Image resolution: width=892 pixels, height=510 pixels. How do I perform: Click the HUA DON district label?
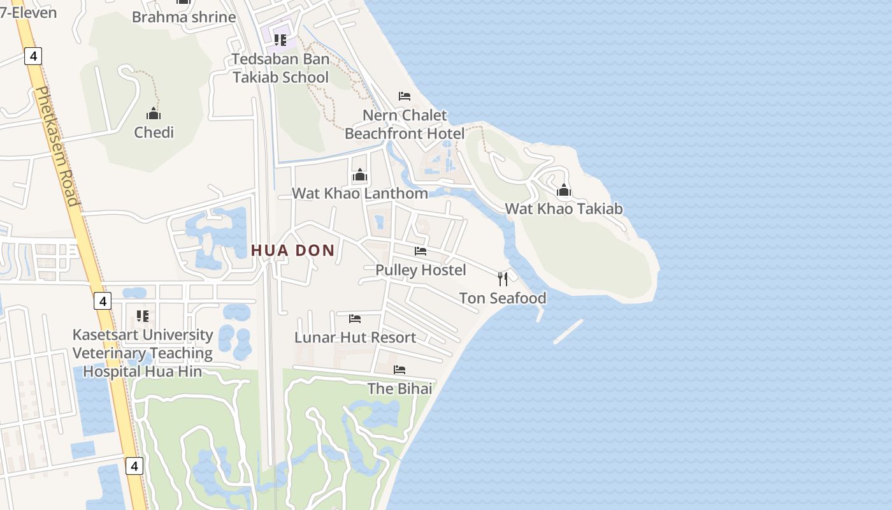293,251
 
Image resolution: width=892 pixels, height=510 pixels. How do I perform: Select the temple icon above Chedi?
154,113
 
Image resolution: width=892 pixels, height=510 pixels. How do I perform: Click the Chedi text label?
154,133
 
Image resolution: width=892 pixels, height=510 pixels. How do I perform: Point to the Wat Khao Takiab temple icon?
564,190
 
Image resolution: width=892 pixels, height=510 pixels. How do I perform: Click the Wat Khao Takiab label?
564,208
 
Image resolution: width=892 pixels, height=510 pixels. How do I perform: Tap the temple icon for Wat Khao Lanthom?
360,175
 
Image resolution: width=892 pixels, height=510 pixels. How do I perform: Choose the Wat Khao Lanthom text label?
360,193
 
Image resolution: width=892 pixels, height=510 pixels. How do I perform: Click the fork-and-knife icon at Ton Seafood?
503,279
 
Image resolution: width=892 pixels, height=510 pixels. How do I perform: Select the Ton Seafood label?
503,298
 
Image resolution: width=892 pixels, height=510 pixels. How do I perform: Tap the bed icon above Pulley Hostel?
421,251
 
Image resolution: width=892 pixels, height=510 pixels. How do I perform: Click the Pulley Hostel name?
421,270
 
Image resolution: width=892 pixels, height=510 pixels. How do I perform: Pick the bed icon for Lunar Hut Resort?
355,318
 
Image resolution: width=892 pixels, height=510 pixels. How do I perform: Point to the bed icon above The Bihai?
399,369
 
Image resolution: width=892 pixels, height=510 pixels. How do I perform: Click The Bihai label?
399,388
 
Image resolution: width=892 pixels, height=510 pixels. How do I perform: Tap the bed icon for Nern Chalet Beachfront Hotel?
405,96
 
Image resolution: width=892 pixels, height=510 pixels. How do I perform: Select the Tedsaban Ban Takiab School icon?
280,40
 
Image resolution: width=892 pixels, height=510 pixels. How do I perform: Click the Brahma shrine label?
183,17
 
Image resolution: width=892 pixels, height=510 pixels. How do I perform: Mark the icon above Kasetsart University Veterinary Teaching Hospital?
143,316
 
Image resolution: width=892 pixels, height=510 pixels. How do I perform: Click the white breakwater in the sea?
568,331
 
